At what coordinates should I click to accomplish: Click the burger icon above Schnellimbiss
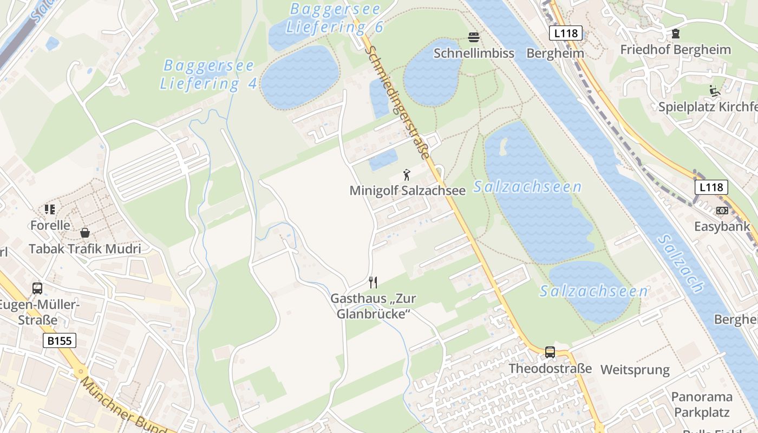[474, 37]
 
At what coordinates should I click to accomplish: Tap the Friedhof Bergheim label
[675, 50]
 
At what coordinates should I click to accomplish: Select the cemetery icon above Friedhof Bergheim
[676, 34]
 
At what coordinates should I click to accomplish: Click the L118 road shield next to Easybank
[711, 187]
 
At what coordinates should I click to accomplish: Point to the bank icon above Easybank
[722, 210]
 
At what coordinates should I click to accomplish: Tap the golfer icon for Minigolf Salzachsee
[407, 175]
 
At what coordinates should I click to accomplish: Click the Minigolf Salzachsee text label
[407, 191]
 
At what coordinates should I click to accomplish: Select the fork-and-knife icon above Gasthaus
[373, 282]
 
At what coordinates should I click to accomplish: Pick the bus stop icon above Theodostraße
[550, 352]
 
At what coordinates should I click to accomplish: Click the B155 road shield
[59, 340]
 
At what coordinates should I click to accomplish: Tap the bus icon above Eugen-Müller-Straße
[37, 288]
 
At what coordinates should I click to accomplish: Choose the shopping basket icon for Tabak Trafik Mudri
[85, 233]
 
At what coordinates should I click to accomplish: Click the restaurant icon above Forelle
[50, 209]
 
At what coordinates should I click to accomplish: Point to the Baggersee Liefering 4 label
[208, 75]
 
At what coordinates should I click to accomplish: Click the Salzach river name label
[681, 263]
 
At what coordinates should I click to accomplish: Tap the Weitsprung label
[635, 370]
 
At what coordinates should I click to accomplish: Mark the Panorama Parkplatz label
[702, 404]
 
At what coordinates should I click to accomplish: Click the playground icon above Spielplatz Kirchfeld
[715, 91]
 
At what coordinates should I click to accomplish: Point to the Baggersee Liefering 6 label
[335, 18]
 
